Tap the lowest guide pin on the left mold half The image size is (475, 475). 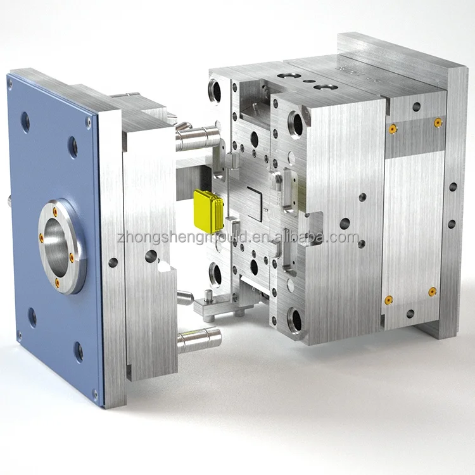pyautogui.click(x=199, y=339)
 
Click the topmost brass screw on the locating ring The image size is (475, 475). pyautogui.click(x=55, y=212)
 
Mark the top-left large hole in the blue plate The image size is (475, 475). pyautogui.click(x=25, y=122)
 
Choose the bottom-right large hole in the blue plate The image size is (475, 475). pyautogui.click(x=78, y=351)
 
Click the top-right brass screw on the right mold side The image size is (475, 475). pyautogui.click(x=438, y=122)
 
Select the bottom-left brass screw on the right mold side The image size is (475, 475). pyautogui.click(x=389, y=300)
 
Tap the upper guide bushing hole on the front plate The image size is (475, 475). pyautogui.click(x=296, y=123)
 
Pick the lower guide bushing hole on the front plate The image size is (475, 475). pyautogui.click(x=294, y=320)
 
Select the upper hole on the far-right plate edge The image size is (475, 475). pyautogui.click(x=453, y=187)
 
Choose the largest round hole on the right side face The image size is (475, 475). pyautogui.click(x=345, y=224)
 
